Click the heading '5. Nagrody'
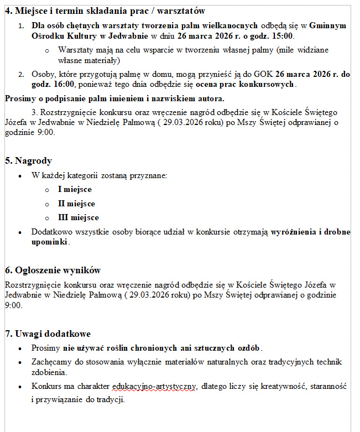point(28,161)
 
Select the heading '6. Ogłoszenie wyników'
point(53,270)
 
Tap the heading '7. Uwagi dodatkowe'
point(48,334)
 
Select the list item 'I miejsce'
point(75,190)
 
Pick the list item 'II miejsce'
point(76,204)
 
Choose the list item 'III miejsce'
point(78,217)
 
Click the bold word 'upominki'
point(49,242)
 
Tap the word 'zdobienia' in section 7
point(49,373)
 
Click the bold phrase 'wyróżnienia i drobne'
point(310,232)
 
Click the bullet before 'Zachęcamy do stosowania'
point(20,362)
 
